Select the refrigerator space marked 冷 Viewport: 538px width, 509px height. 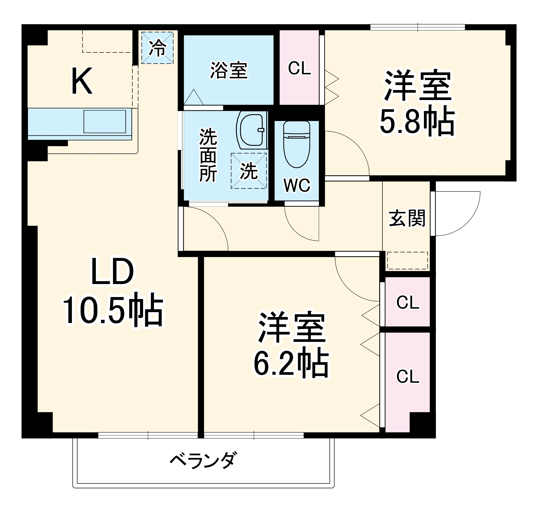point(157,48)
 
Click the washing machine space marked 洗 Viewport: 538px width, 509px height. point(249,171)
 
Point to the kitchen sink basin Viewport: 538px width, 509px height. point(104,121)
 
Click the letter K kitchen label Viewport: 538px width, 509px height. point(82,81)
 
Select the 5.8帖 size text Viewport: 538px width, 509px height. point(417,122)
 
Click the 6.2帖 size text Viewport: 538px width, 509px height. point(291,363)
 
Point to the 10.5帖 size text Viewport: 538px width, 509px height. point(113,310)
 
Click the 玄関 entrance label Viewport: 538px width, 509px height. point(407,218)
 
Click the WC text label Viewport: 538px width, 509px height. point(297,185)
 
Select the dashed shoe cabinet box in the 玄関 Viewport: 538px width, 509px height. point(407,261)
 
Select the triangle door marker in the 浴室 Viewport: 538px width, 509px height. point(193,98)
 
